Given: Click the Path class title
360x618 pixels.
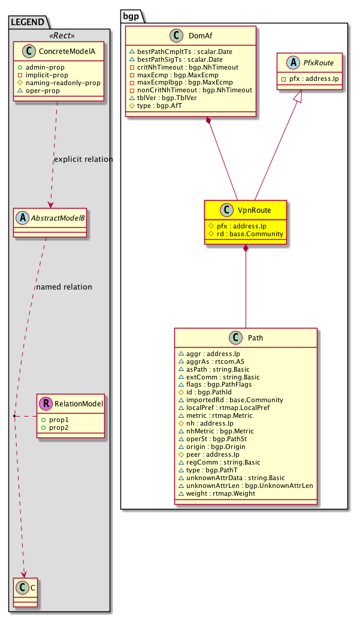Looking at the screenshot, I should (x=254, y=338).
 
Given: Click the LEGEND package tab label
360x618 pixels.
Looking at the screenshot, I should (x=28, y=22).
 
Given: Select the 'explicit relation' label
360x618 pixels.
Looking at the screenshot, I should (x=83, y=159).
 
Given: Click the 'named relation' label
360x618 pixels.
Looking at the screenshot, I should (x=64, y=287).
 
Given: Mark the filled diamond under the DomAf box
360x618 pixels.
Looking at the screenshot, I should (x=208, y=122).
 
